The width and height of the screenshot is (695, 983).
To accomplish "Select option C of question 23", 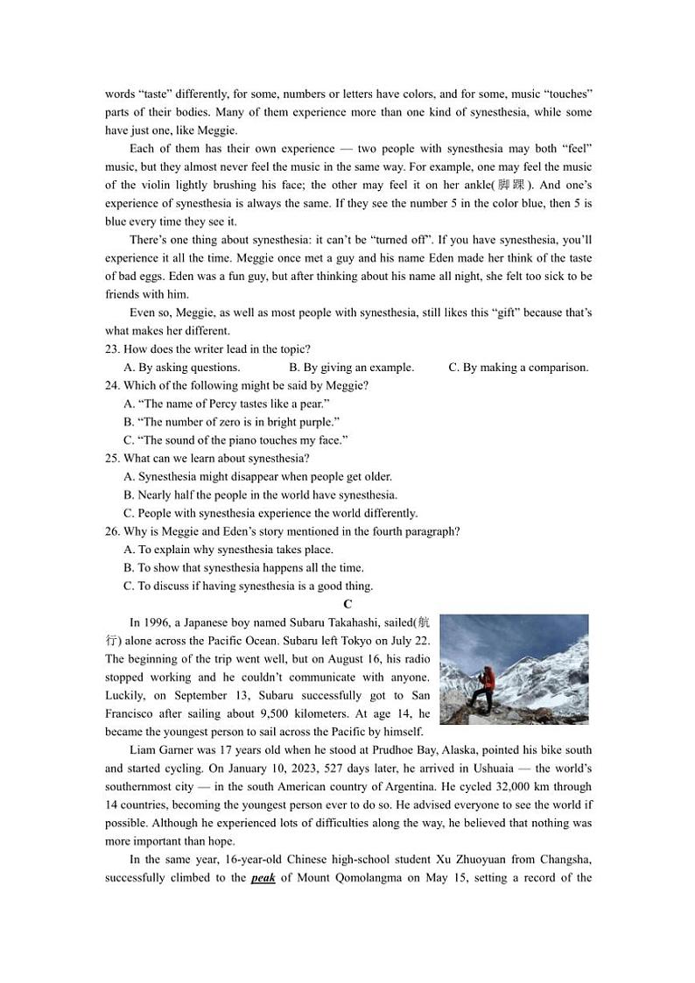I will [518, 368].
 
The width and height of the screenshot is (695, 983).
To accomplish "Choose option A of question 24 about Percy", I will [226, 404].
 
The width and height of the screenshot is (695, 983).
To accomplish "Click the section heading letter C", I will [347, 604].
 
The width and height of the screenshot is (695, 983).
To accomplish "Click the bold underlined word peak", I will [263, 878].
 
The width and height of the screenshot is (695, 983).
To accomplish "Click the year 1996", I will [158, 623].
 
